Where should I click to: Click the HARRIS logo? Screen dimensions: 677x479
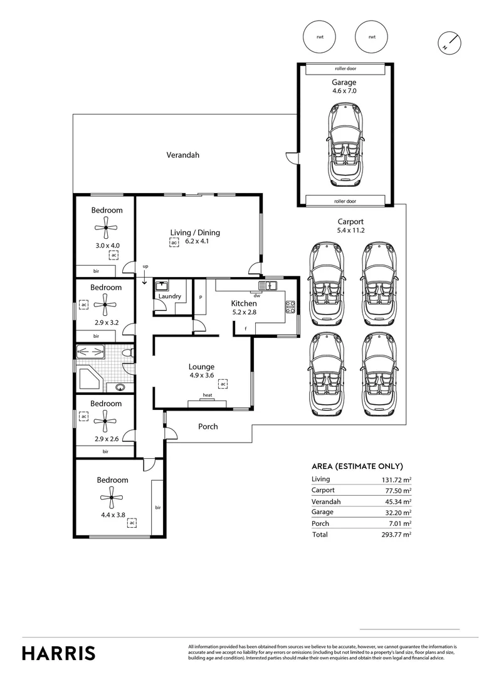[59, 653]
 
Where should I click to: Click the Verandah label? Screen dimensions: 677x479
[182, 155]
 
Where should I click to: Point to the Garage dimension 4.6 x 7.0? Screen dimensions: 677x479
[344, 92]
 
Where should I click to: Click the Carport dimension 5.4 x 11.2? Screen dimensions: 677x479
[350, 231]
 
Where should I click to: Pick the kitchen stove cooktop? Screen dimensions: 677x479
[291, 307]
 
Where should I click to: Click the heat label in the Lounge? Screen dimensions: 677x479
[207, 396]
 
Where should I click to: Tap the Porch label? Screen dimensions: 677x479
[208, 426]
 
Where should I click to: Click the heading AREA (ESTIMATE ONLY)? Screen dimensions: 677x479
[357, 466]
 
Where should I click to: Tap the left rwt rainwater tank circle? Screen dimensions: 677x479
[320, 37]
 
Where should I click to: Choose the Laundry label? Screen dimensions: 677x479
[170, 297]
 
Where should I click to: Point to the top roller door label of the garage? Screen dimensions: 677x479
[344, 69]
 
